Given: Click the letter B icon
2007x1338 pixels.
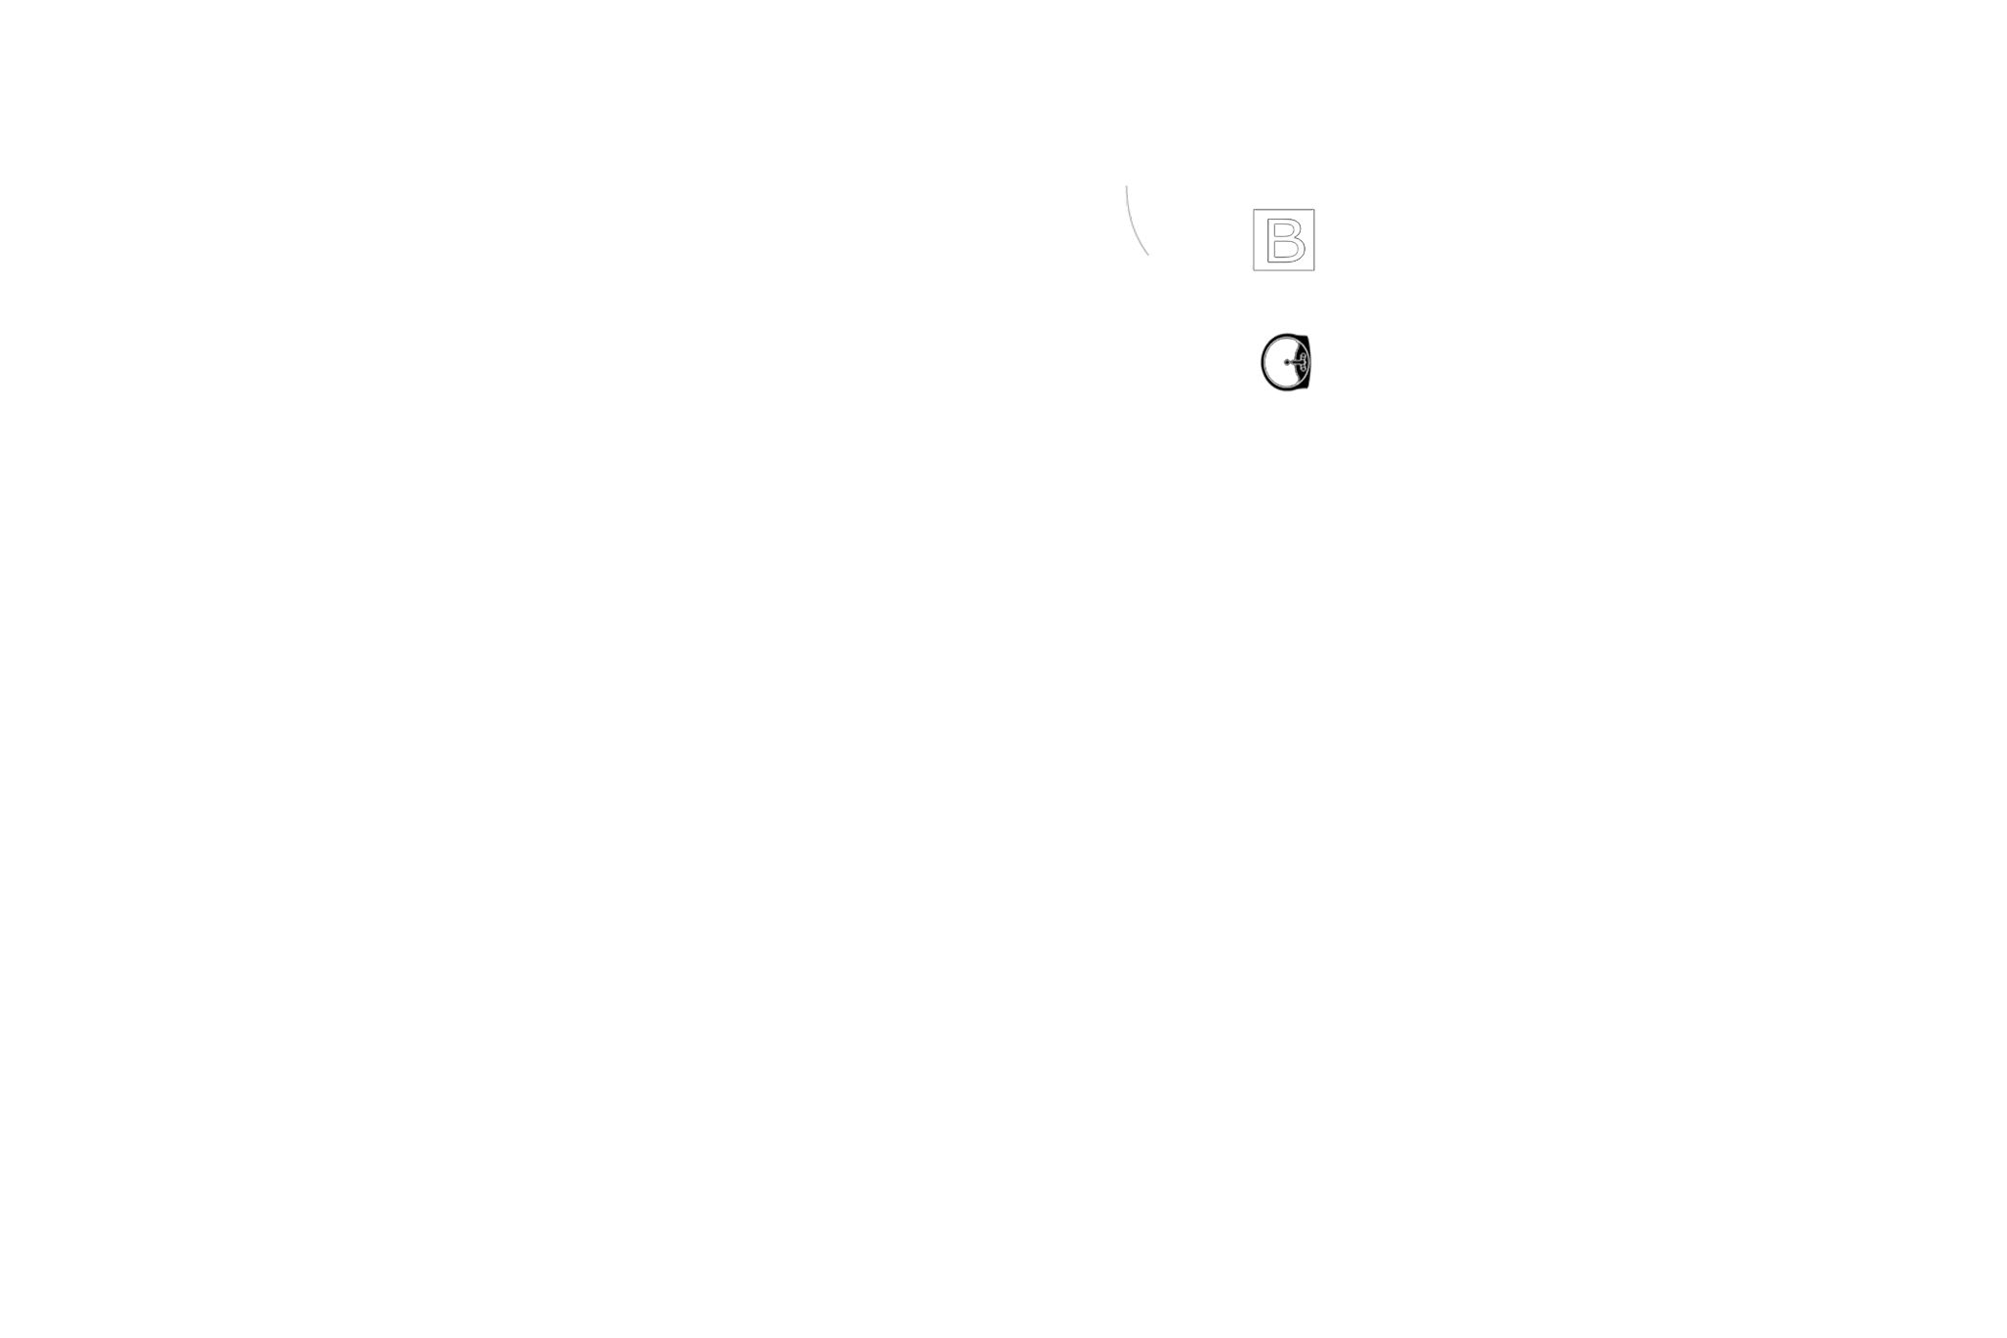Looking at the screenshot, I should (1283, 239).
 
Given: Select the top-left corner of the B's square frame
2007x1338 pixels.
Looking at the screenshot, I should (1255, 211).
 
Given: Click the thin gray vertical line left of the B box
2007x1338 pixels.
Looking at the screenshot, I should (1250, 240).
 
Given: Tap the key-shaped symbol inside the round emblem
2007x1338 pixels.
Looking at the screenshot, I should (1295, 363).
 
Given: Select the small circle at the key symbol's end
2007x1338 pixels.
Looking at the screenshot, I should (1287, 363).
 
